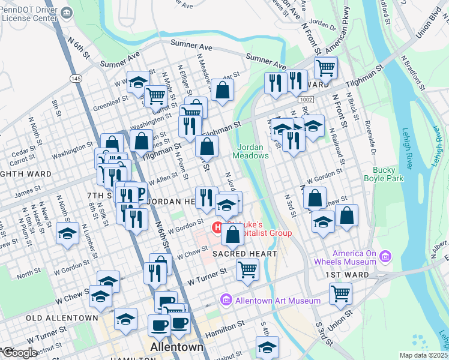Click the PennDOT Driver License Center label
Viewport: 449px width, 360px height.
click(x=30, y=13)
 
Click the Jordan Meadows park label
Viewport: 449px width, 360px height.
click(x=252, y=151)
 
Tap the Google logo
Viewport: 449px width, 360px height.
click(x=19, y=353)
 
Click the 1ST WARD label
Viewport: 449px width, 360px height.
click(x=343, y=274)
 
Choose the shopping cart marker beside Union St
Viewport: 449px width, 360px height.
click(x=340, y=293)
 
